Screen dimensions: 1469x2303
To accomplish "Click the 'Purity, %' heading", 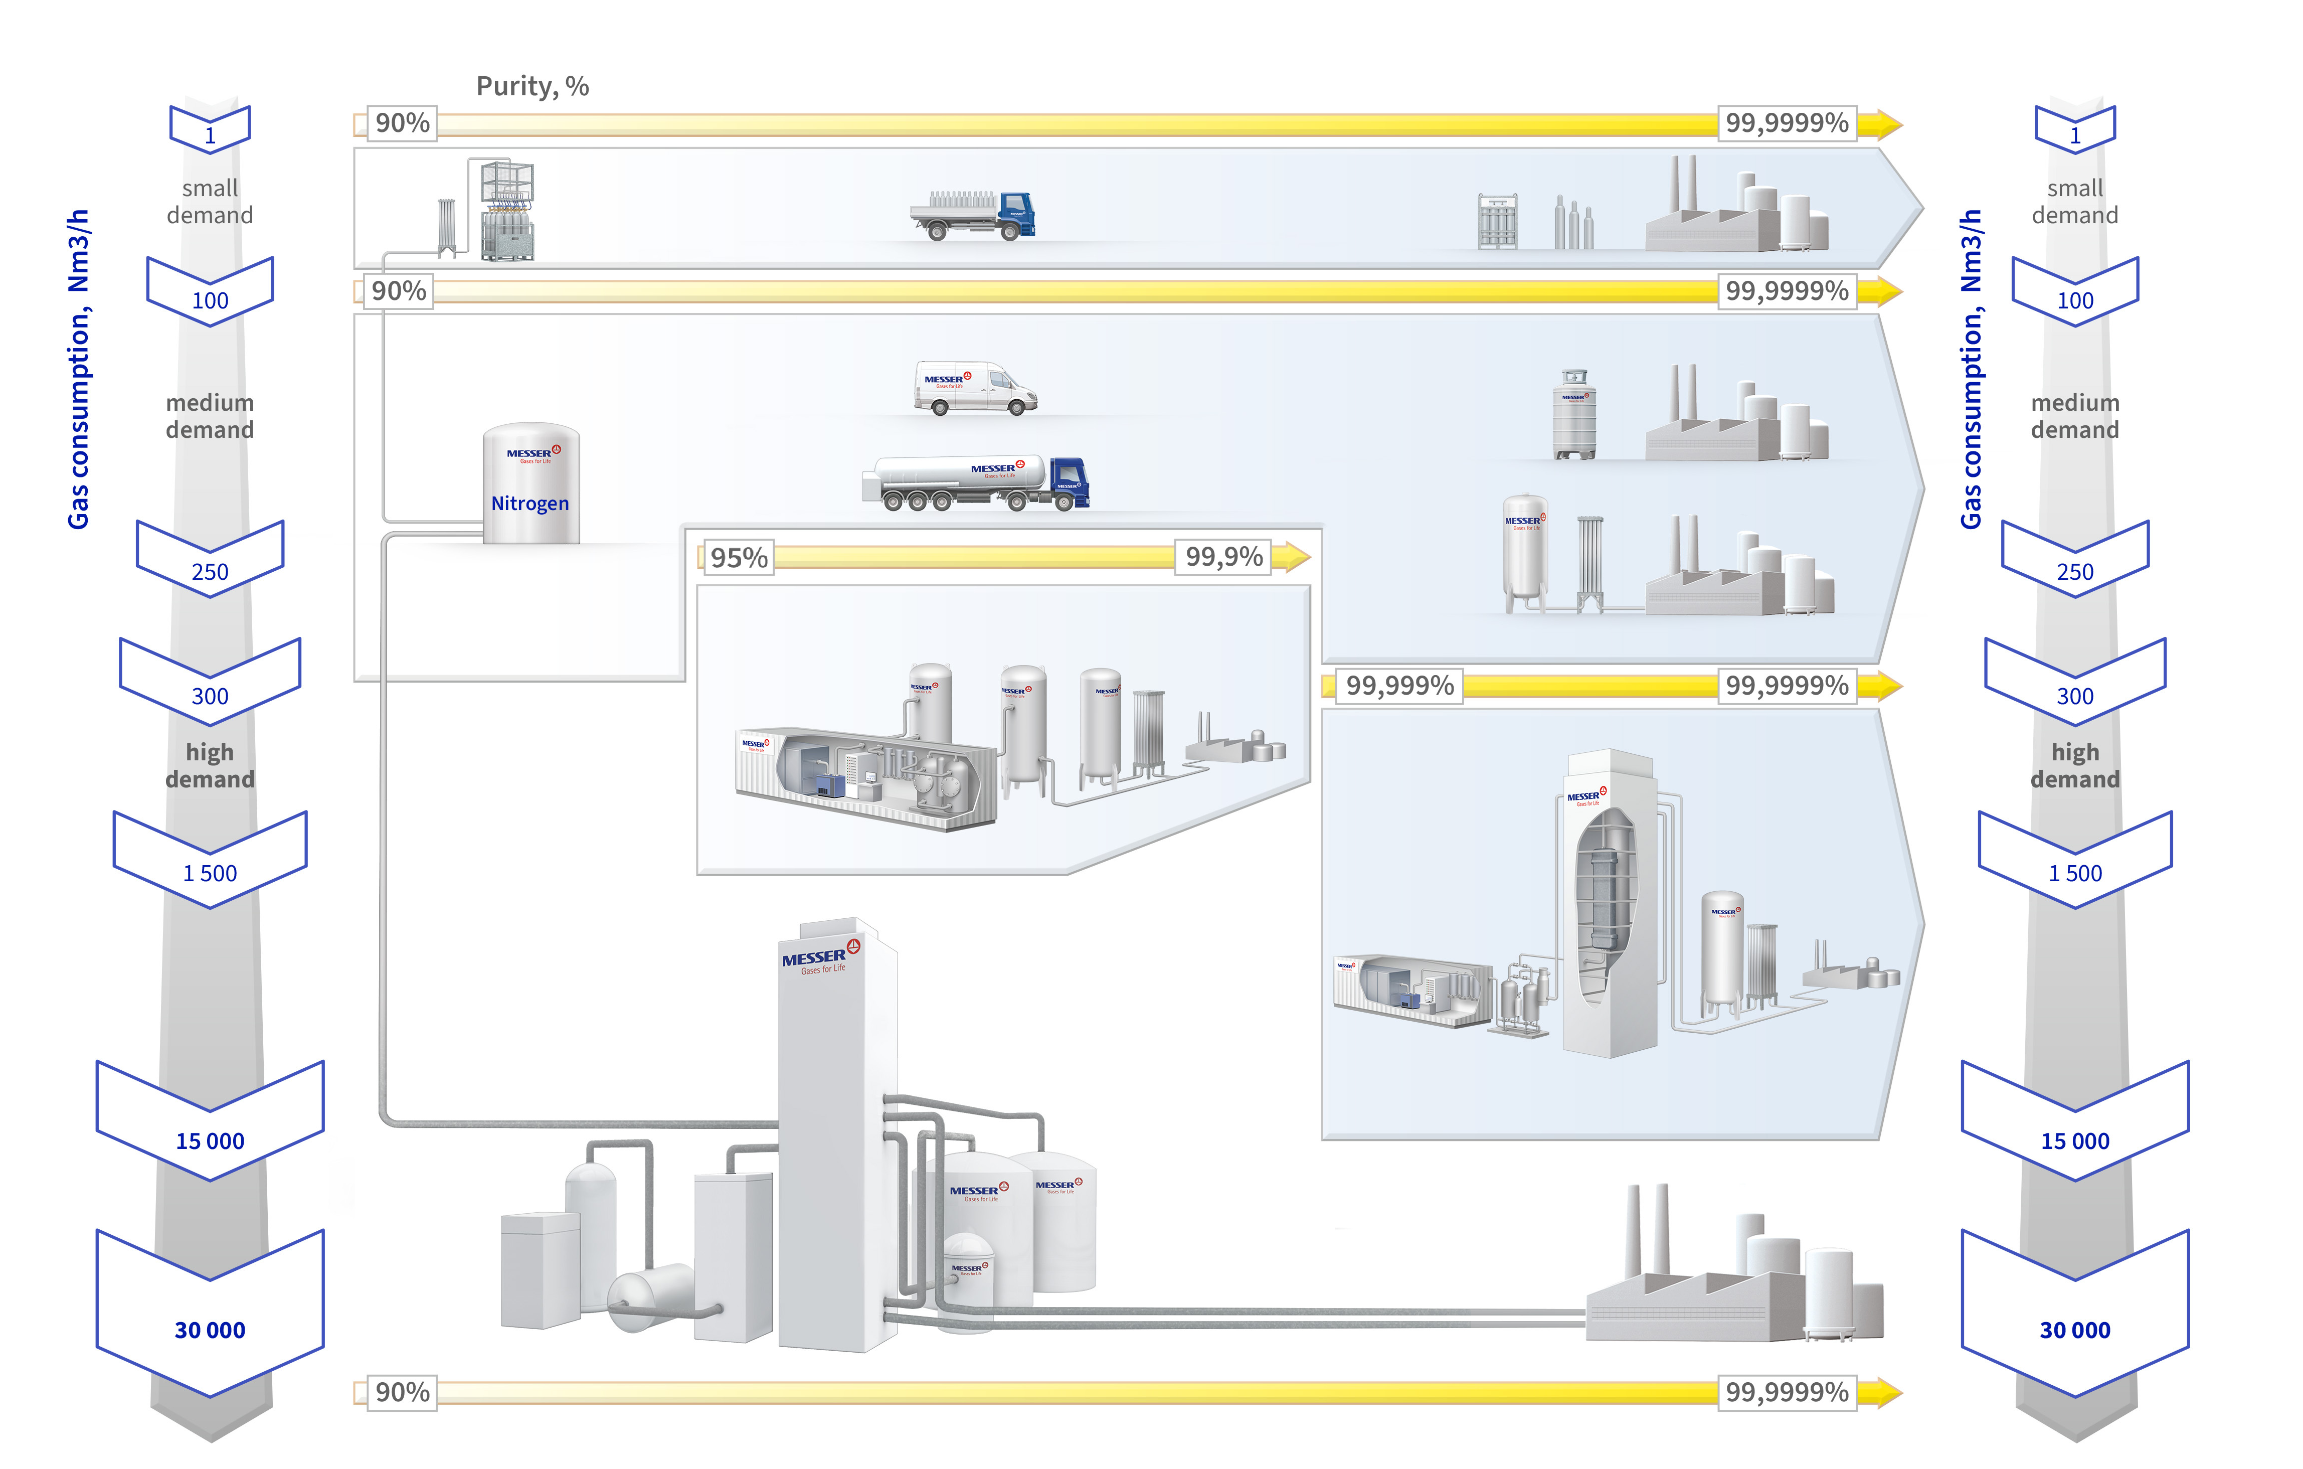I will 532,86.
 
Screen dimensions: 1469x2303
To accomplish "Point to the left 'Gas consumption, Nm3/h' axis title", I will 78,368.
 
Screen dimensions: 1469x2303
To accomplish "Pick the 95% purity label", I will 739,558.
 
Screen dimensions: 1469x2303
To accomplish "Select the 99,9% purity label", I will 1223,557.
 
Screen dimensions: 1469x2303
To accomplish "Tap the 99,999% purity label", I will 1399,686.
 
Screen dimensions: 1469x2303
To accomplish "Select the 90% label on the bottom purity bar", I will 402,1392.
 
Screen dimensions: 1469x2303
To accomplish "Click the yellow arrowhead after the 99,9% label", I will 1296,557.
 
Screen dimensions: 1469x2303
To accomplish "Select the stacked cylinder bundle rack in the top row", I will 507,211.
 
